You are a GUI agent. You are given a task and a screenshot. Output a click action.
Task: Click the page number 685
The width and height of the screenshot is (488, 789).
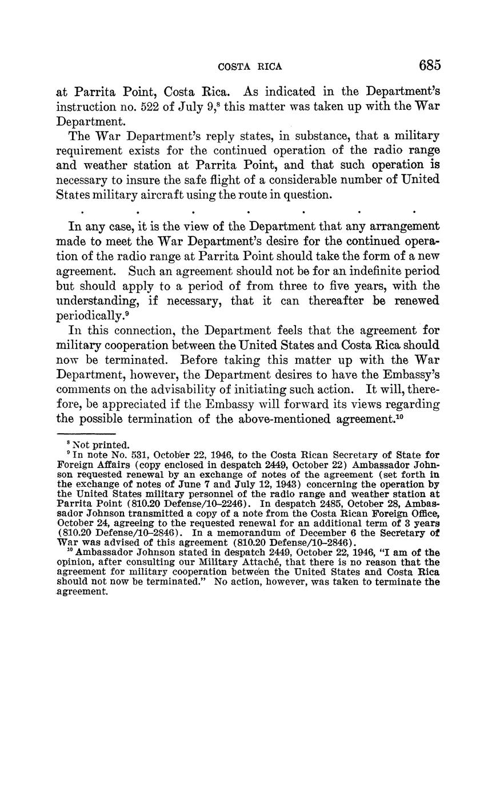click(x=430, y=65)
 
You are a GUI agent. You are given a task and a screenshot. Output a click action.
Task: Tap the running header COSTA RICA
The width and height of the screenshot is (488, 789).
click(x=250, y=66)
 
